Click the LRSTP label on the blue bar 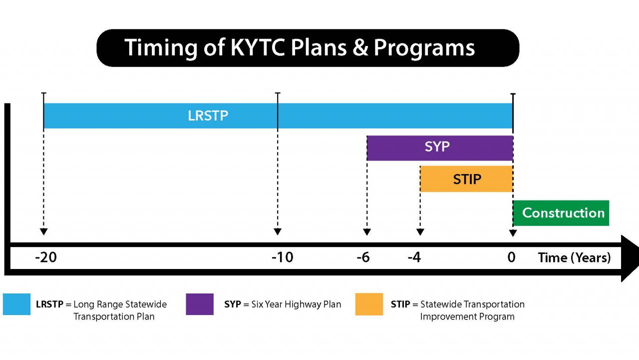click(208, 115)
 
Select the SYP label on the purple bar click(437, 147)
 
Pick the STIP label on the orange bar click(467, 179)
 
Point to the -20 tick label click(45, 257)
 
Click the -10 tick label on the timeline click(282, 257)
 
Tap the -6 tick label click(363, 257)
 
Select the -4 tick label click(414, 257)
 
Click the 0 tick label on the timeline click(511, 257)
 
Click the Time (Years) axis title click(574, 257)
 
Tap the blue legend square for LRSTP click(16, 304)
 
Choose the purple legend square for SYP click(200, 304)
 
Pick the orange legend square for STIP click(369, 304)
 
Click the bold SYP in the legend click(233, 304)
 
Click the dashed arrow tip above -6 click(367, 232)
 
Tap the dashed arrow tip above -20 click(43, 232)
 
